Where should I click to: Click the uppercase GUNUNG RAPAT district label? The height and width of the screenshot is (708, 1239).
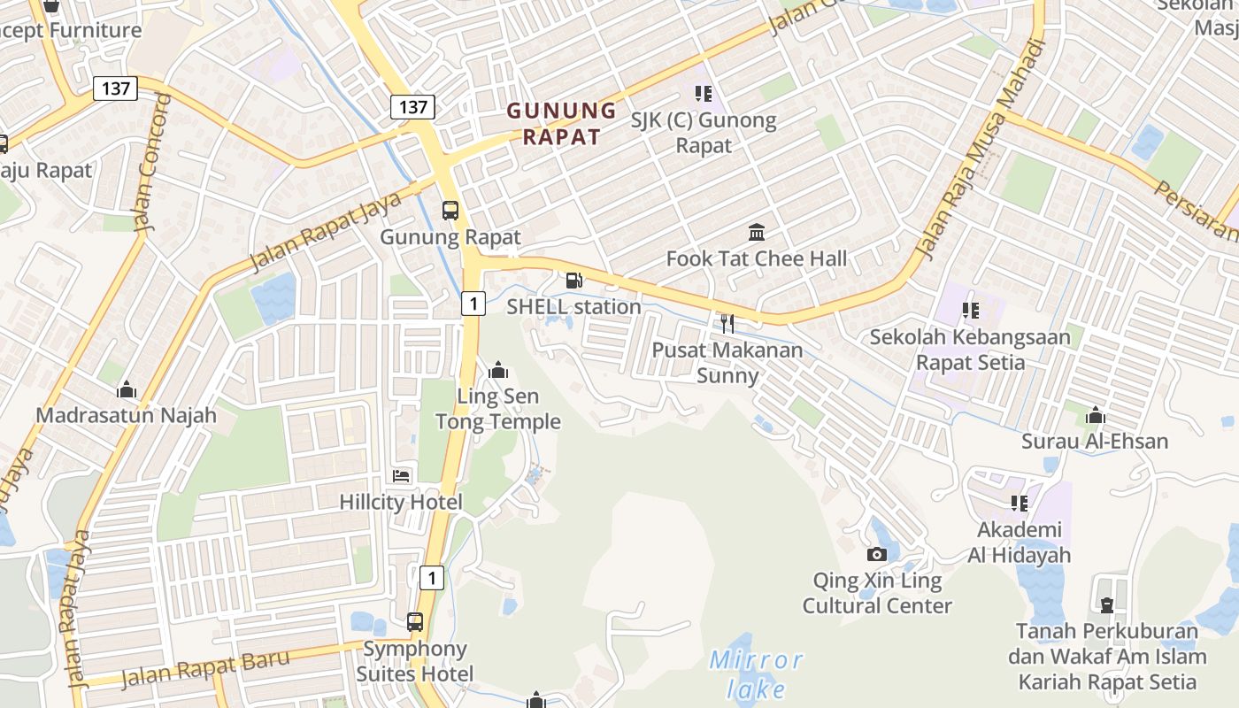click(561, 124)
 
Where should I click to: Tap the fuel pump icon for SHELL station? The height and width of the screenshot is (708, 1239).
click(574, 281)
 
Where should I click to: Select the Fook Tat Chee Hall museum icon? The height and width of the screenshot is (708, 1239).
click(757, 233)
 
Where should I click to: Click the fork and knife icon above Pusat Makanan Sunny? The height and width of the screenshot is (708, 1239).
click(727, 324)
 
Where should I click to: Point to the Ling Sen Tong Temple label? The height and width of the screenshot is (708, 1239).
click(498, 409)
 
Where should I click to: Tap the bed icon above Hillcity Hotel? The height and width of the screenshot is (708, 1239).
click(401, 476)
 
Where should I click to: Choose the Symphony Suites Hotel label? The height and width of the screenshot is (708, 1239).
click(414, 661)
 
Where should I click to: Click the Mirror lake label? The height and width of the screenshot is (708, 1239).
click(757, 673)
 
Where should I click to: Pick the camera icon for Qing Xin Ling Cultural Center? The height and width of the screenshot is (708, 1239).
click(877, 555)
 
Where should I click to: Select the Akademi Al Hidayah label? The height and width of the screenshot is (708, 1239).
click(1019, 543)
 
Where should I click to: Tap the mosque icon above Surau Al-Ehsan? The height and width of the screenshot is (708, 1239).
click(1096, 415)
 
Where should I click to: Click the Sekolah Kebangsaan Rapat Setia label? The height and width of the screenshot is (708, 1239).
click(970, 350)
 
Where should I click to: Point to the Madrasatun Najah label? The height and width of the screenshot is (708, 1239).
click(126, 415)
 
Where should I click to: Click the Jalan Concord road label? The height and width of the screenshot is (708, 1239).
click(151, 162)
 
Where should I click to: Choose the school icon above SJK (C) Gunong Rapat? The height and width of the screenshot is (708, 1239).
click(704, 93)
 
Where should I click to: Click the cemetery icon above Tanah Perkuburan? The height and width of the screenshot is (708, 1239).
click(1106, 606)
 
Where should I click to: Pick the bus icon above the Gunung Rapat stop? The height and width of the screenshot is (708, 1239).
click(450, 211)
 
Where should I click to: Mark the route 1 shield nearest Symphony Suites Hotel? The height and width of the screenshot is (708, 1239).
click(431, 578)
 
